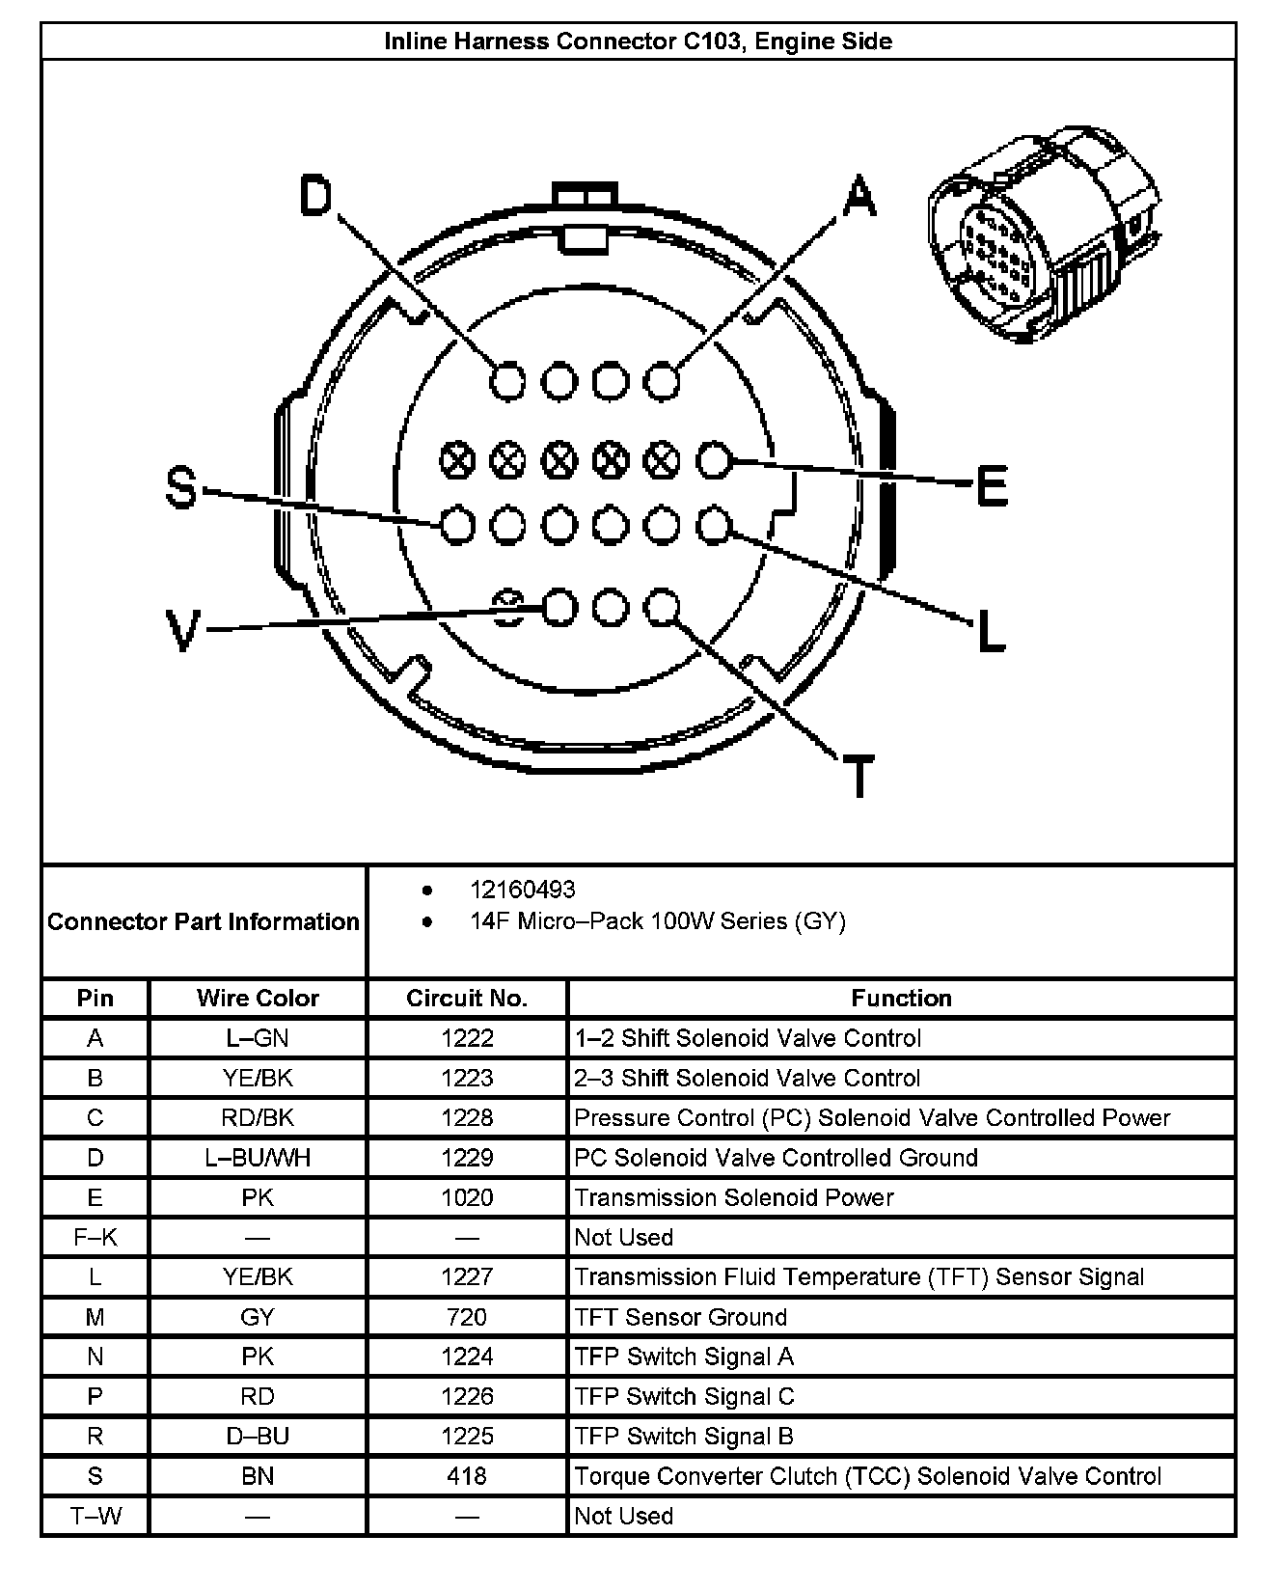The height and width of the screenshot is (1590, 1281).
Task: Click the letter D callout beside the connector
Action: point(316,196)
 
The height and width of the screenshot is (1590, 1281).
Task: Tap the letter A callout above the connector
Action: point(859,196)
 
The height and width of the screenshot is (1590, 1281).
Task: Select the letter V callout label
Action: point(181,632)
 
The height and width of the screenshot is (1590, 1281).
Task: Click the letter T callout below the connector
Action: point(858,775)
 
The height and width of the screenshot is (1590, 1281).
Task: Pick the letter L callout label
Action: point(991,632)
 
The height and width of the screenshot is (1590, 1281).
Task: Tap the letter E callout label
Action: point(992,485)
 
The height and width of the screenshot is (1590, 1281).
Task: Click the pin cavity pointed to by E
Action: point(714,461)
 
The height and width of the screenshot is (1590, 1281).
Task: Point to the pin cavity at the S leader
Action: point(457,526)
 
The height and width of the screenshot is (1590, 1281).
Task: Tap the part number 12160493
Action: point(522,890)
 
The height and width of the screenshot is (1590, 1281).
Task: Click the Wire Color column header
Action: point(258,999)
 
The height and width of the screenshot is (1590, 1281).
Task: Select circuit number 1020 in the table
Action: point(467,1197)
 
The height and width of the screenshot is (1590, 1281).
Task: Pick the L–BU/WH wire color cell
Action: point(258,1158)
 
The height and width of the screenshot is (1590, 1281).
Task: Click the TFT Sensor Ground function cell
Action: point(680,1317)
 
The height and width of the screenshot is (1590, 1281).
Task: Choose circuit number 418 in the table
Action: point(467,1476)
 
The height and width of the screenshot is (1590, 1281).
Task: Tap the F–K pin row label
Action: point(95,1237)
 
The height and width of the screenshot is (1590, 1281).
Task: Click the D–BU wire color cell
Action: point(258,1437)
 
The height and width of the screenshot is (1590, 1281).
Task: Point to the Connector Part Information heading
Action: point(204,921)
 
